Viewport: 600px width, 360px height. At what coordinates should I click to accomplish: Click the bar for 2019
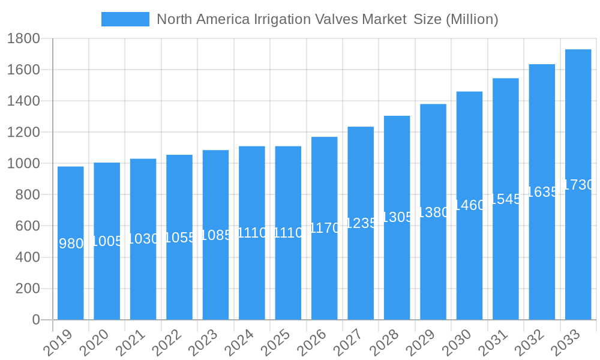[71, 243]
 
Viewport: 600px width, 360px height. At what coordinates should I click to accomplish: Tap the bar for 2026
[325, 228]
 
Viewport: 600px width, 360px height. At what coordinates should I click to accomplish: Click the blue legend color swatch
[125, 19]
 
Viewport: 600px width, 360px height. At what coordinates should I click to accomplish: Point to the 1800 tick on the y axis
[23, 38]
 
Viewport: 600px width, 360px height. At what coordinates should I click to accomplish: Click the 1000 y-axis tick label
[23, 163]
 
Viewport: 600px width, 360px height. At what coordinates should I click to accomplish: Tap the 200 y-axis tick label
[27, 289]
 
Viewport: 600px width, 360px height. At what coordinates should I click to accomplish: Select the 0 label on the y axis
[36, 320]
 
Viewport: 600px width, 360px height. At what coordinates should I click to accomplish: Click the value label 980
[71, 244]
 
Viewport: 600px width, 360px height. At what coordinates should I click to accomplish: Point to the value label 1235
[361, 223]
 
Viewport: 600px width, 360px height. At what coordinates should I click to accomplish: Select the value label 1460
[469, 205]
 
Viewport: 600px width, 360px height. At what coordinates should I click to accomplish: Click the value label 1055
[179, 238]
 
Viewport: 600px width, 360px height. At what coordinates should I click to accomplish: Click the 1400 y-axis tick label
[23, 101]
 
